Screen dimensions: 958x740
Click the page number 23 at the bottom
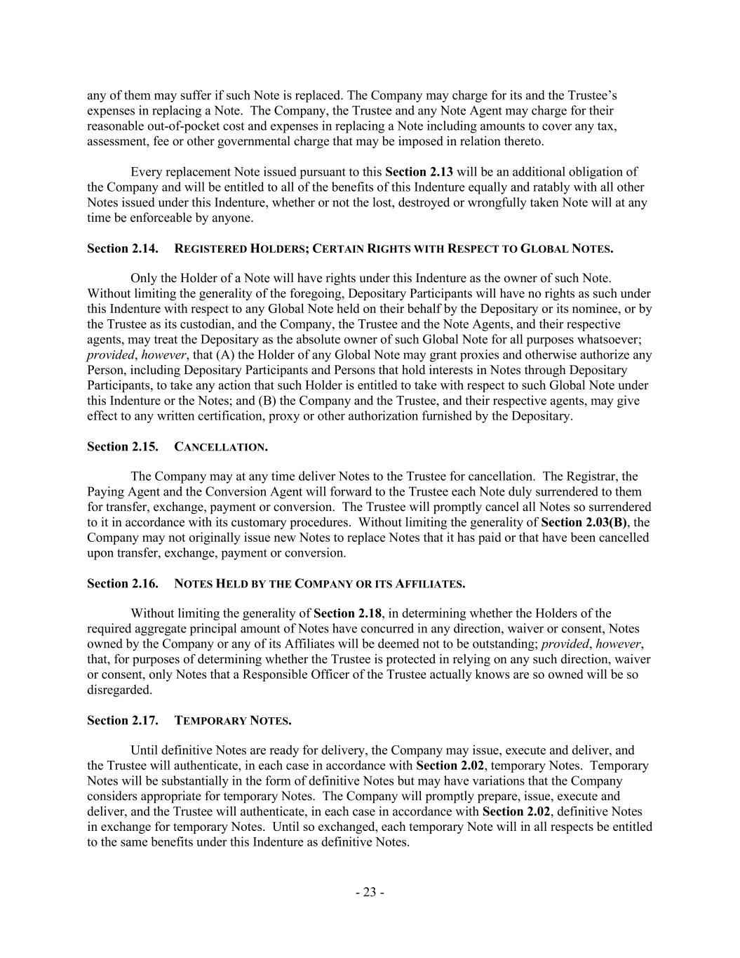[x=370, y=893]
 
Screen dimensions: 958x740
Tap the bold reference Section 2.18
[x=347, y=614]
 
